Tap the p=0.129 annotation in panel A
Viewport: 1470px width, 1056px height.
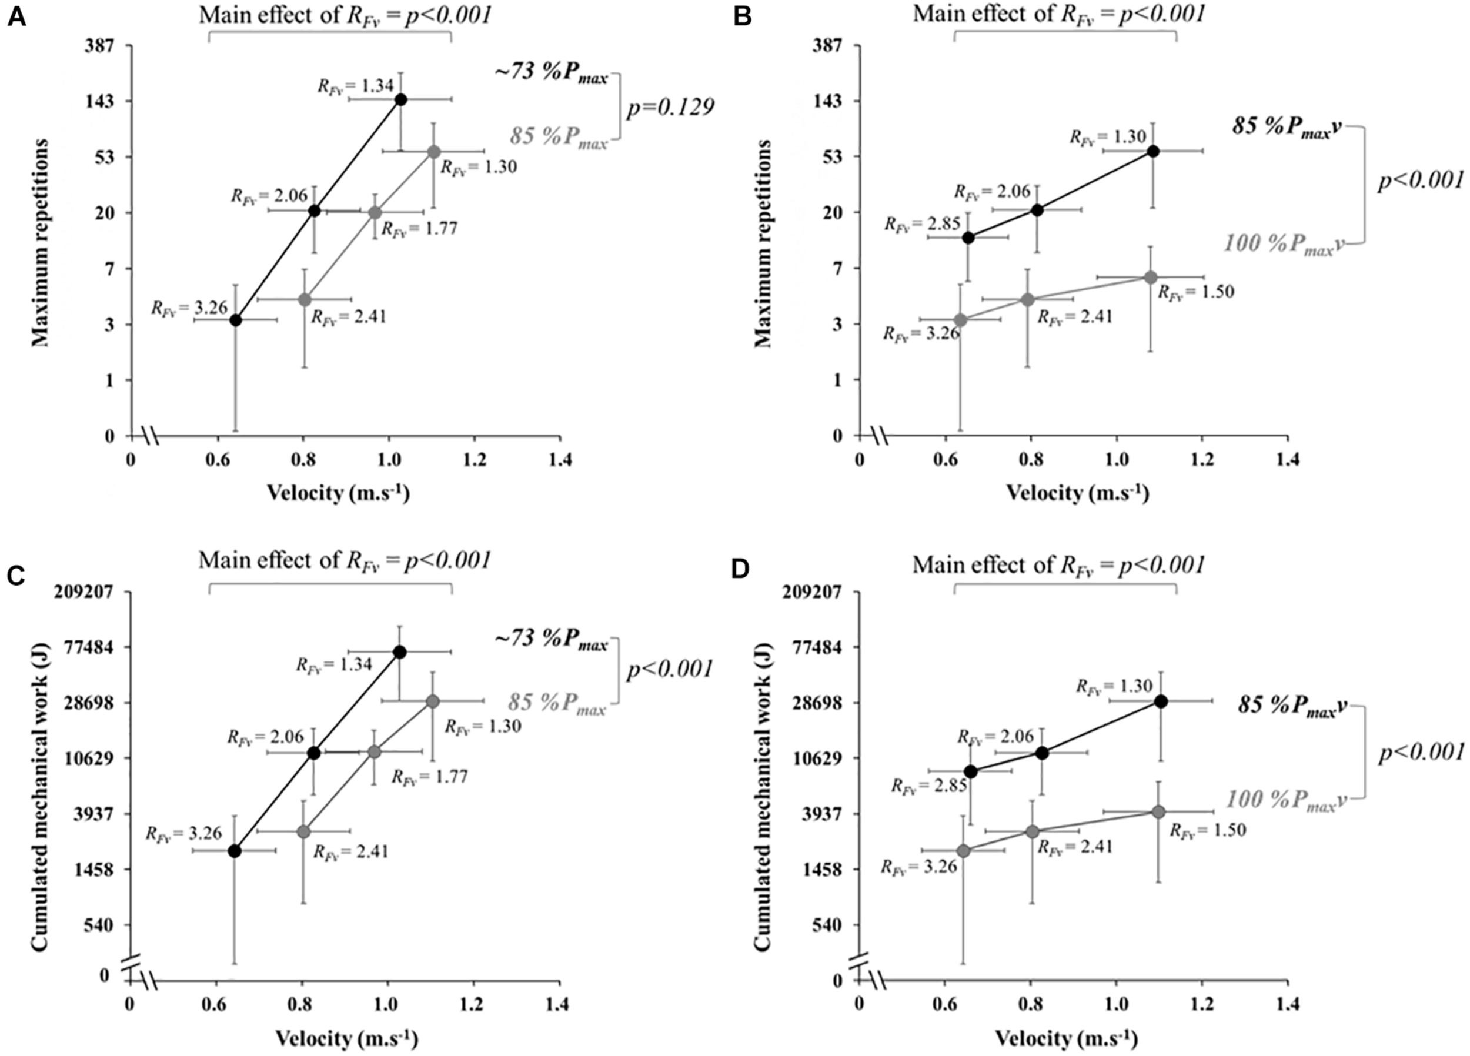(670, 107)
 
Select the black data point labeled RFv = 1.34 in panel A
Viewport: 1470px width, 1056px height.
(400, 99)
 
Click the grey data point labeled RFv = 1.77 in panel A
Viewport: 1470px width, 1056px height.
(375, 213)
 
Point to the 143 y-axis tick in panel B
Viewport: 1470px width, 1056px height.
(826, 101)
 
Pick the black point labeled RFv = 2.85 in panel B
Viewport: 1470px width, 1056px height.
(968, 238)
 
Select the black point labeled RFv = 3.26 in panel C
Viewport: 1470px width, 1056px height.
(235, 851)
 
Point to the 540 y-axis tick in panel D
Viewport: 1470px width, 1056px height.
(826, 924)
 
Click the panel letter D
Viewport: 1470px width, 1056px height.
(740, 569)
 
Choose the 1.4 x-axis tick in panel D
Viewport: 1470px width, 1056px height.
(1287, 1005)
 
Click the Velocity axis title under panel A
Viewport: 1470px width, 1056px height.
(338, 493)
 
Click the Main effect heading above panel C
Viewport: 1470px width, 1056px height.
(344, 561)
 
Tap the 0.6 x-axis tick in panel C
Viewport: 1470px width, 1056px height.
(216, 1005)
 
